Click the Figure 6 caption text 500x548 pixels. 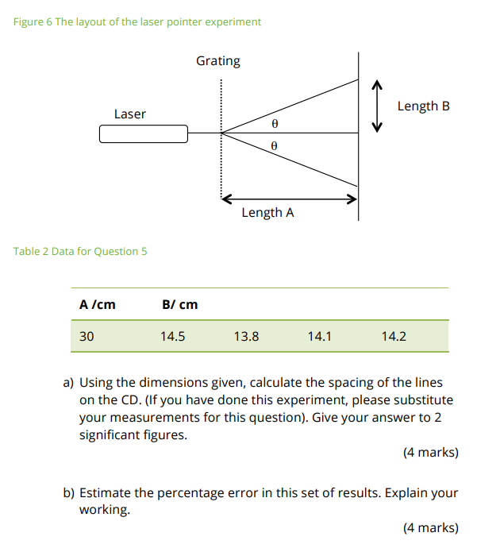coord(137,21)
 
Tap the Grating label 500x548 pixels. coord(218,61)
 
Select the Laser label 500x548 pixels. coord(130,114)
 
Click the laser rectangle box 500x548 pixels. coord(144,134)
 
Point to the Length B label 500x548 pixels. coord(423,106)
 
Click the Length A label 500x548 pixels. coord(267,213)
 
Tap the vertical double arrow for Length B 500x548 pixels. coord(378,106)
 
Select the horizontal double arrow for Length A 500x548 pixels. coord(289,199)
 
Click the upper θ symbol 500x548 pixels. coord(275,124)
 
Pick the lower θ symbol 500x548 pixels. coord(275,146)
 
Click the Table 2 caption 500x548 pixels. coord(80,252)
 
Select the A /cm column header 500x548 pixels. coord(98,304)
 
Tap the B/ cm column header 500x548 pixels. coord(179,304)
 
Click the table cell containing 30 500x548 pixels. coord(87,336)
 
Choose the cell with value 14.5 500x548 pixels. coord(173,336)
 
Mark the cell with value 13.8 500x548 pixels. coord(246,336)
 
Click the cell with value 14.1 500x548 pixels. coord(320,336)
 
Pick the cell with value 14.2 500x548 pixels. coord(394,336)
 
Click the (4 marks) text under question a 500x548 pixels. coord(430,453)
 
